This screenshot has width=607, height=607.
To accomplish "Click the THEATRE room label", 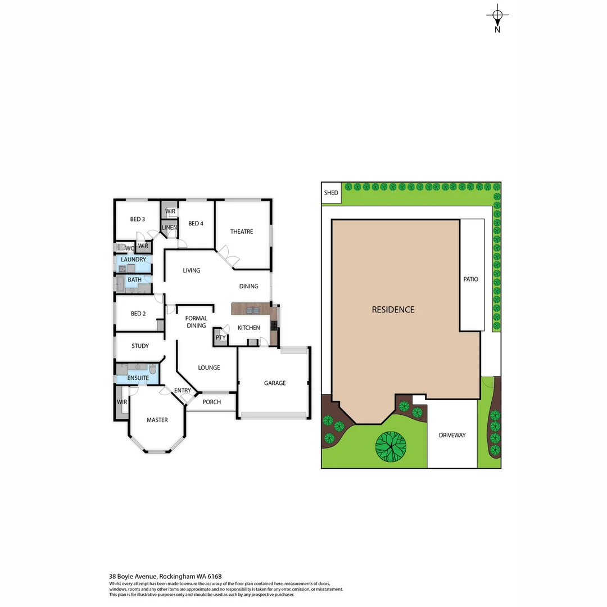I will [x=242, y=232].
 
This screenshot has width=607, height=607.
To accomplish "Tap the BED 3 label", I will [x=138, y=219].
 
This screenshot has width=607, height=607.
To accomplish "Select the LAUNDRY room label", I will [x=133, y=260].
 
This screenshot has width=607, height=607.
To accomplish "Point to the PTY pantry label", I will [x=220, y=338].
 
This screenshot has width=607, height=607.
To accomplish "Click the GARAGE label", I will [x=275, y=383].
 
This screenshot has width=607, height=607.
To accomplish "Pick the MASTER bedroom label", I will [x=157, y=420].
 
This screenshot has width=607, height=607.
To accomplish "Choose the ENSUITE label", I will [x=138, y=378].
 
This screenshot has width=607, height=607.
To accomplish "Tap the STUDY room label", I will [x=140, y=346].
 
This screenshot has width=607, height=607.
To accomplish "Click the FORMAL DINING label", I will [x=196, y=321].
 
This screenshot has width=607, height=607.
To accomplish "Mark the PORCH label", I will [x=211, y=402].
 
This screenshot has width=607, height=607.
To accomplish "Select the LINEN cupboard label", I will [x=169, y=228].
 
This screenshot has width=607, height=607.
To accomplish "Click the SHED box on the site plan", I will [x=332, y=193].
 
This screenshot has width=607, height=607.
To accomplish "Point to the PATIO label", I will [x=471, y=279].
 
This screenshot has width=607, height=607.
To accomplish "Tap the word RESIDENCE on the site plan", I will [x=393, y=310].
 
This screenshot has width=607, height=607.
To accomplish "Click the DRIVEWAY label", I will [x=452, y=435].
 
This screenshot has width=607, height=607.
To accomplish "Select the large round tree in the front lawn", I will [x=391, y=446].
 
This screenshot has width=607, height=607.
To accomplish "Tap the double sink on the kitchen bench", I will [x=252, y=310].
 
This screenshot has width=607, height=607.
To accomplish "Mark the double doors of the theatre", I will [x=229, y=257].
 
